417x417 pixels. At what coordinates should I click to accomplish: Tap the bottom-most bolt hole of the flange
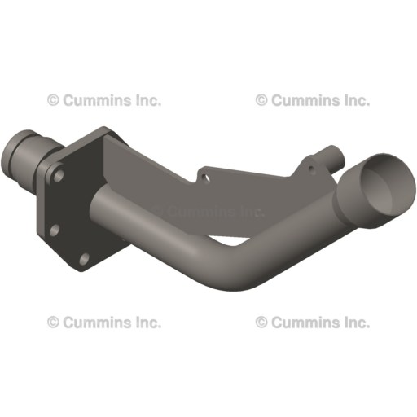(x=84, y=259)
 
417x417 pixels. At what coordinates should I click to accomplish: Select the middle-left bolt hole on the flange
(x=54, y=230)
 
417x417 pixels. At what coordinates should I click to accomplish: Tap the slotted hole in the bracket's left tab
(x=205, y=173)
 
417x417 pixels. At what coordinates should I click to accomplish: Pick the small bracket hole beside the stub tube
(x=310, y=169)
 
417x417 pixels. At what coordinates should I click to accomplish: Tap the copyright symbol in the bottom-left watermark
(x=53, y=323)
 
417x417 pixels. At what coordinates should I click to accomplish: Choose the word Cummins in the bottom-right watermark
(x=303, y=323)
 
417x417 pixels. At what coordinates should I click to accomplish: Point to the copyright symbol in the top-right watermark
(x=261, y=101)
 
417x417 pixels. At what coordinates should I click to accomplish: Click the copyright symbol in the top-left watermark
(x=53, y=101)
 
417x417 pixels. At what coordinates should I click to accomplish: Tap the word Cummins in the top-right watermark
(x=303, y=101)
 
